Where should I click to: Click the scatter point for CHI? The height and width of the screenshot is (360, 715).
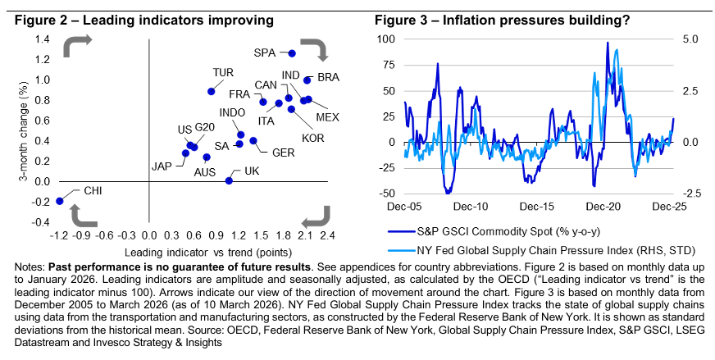tap(59, 201)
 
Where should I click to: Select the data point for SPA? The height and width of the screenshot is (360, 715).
tap(292, 53)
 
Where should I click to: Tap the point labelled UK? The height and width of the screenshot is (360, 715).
tap(229, 180)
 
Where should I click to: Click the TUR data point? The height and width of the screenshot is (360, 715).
tap(212, 92)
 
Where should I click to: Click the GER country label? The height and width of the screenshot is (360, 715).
tap(283, 153)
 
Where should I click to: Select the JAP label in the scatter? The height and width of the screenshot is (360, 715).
tap(162, 166)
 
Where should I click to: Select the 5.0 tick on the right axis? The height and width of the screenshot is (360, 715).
tap(690, 39)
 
